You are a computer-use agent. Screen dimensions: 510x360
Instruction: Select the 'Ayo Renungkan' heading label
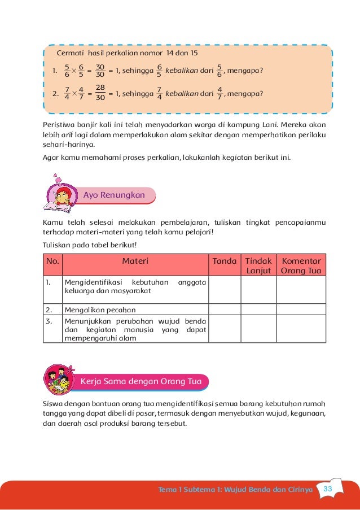[x=114, y=195]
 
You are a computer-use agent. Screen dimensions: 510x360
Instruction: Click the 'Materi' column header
[x=135, y=261]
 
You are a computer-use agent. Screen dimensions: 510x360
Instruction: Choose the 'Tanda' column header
[x=225, y=261]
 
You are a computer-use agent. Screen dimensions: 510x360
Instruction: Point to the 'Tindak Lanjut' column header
[x=259, y=265]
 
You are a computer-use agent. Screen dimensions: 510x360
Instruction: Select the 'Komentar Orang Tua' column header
[x=301, y=265]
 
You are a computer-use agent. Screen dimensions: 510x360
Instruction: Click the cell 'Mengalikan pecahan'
[x=100, y=310]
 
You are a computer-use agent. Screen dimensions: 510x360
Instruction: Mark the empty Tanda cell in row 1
[x=225, y=290]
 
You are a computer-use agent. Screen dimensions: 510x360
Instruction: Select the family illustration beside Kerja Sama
[x=58, y=380]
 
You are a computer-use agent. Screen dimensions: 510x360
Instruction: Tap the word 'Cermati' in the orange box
[x=72, y=53]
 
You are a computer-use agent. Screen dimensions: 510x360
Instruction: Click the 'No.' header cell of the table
[x=52, y=261]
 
